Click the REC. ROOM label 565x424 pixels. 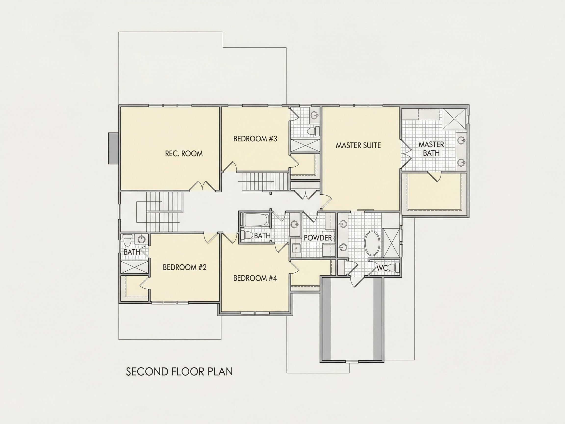pyautogui.click(x=184, y=154)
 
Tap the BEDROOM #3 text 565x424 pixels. pyautogui.click(x=255, y=139)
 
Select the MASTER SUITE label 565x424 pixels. pyautogui.click(x=358, y=146)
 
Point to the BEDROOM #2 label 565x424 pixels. pyautogui.click(x=185, y=267)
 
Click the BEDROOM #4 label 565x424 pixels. pyautogui.click(x=255, y=278)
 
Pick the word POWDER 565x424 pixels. pyautogui.click(x=318, y=238)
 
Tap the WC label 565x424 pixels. pyautogui.click(x=382, y=268)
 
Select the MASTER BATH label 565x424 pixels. pyautogui.click(x=431, y=149)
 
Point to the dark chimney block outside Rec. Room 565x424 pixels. pyautogui.click(x=113, y=148)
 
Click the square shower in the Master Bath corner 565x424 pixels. pyautogui.click(x=454, y=119)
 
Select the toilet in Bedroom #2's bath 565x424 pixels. pyautogui.click(x=127, y=240)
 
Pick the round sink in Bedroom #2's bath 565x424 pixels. pyautogui.click(x=141, y=239)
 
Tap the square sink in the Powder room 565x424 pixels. pyautogui.click(x=296, y=248)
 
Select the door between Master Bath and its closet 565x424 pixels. pyautogui.click(x=434, y=177)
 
